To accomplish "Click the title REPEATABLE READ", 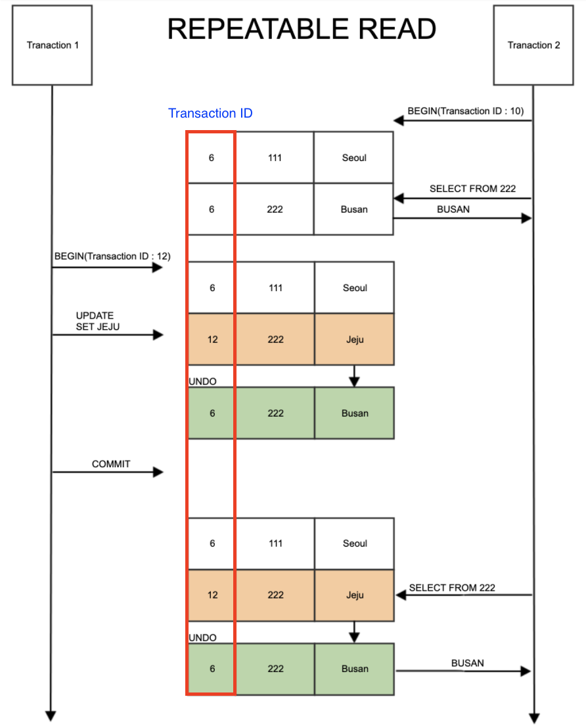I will tap(302, 30).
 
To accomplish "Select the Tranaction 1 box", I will tap(53, 45).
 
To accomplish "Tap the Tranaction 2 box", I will tap(533, 45).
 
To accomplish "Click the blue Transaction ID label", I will tap(210, 113).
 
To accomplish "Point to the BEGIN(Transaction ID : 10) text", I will tap(465, 110).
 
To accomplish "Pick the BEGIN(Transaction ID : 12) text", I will tap(112, 256).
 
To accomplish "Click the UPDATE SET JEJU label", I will tap(97, 321).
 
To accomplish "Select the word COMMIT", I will tap(111, 464).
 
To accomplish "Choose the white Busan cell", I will tap(354, 209).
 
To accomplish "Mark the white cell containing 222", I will tap(275, 209).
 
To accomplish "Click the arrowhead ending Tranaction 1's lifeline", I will tap(51, 716).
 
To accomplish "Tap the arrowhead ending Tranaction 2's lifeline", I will tap(534, 717).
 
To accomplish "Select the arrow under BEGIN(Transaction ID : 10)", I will tap(462, 120).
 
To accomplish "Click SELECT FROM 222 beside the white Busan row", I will tap(472, 189).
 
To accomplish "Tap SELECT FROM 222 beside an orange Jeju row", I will tap(452, 587).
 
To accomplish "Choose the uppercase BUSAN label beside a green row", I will tap(467, 663).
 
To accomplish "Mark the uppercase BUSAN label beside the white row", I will tap(453, 209).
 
